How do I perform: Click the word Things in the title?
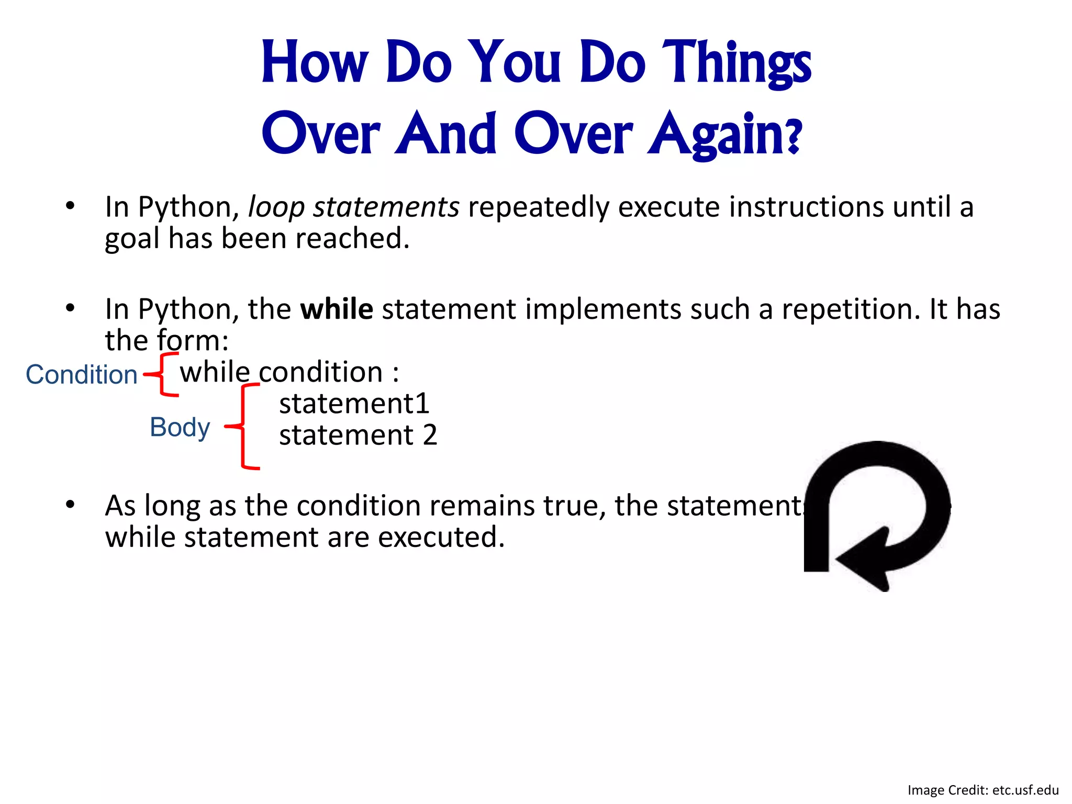coord(736,64)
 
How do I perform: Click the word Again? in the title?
coord(724,135)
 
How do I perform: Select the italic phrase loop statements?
coord(353,207)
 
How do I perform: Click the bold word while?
coord(337,309)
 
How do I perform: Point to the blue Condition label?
coord(82,375)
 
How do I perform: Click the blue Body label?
coord(180,427)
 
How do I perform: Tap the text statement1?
coord(354,404)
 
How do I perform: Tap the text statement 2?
coord(358,435)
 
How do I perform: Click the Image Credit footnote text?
coord(982,790)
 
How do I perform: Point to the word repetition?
coord(851,309)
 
